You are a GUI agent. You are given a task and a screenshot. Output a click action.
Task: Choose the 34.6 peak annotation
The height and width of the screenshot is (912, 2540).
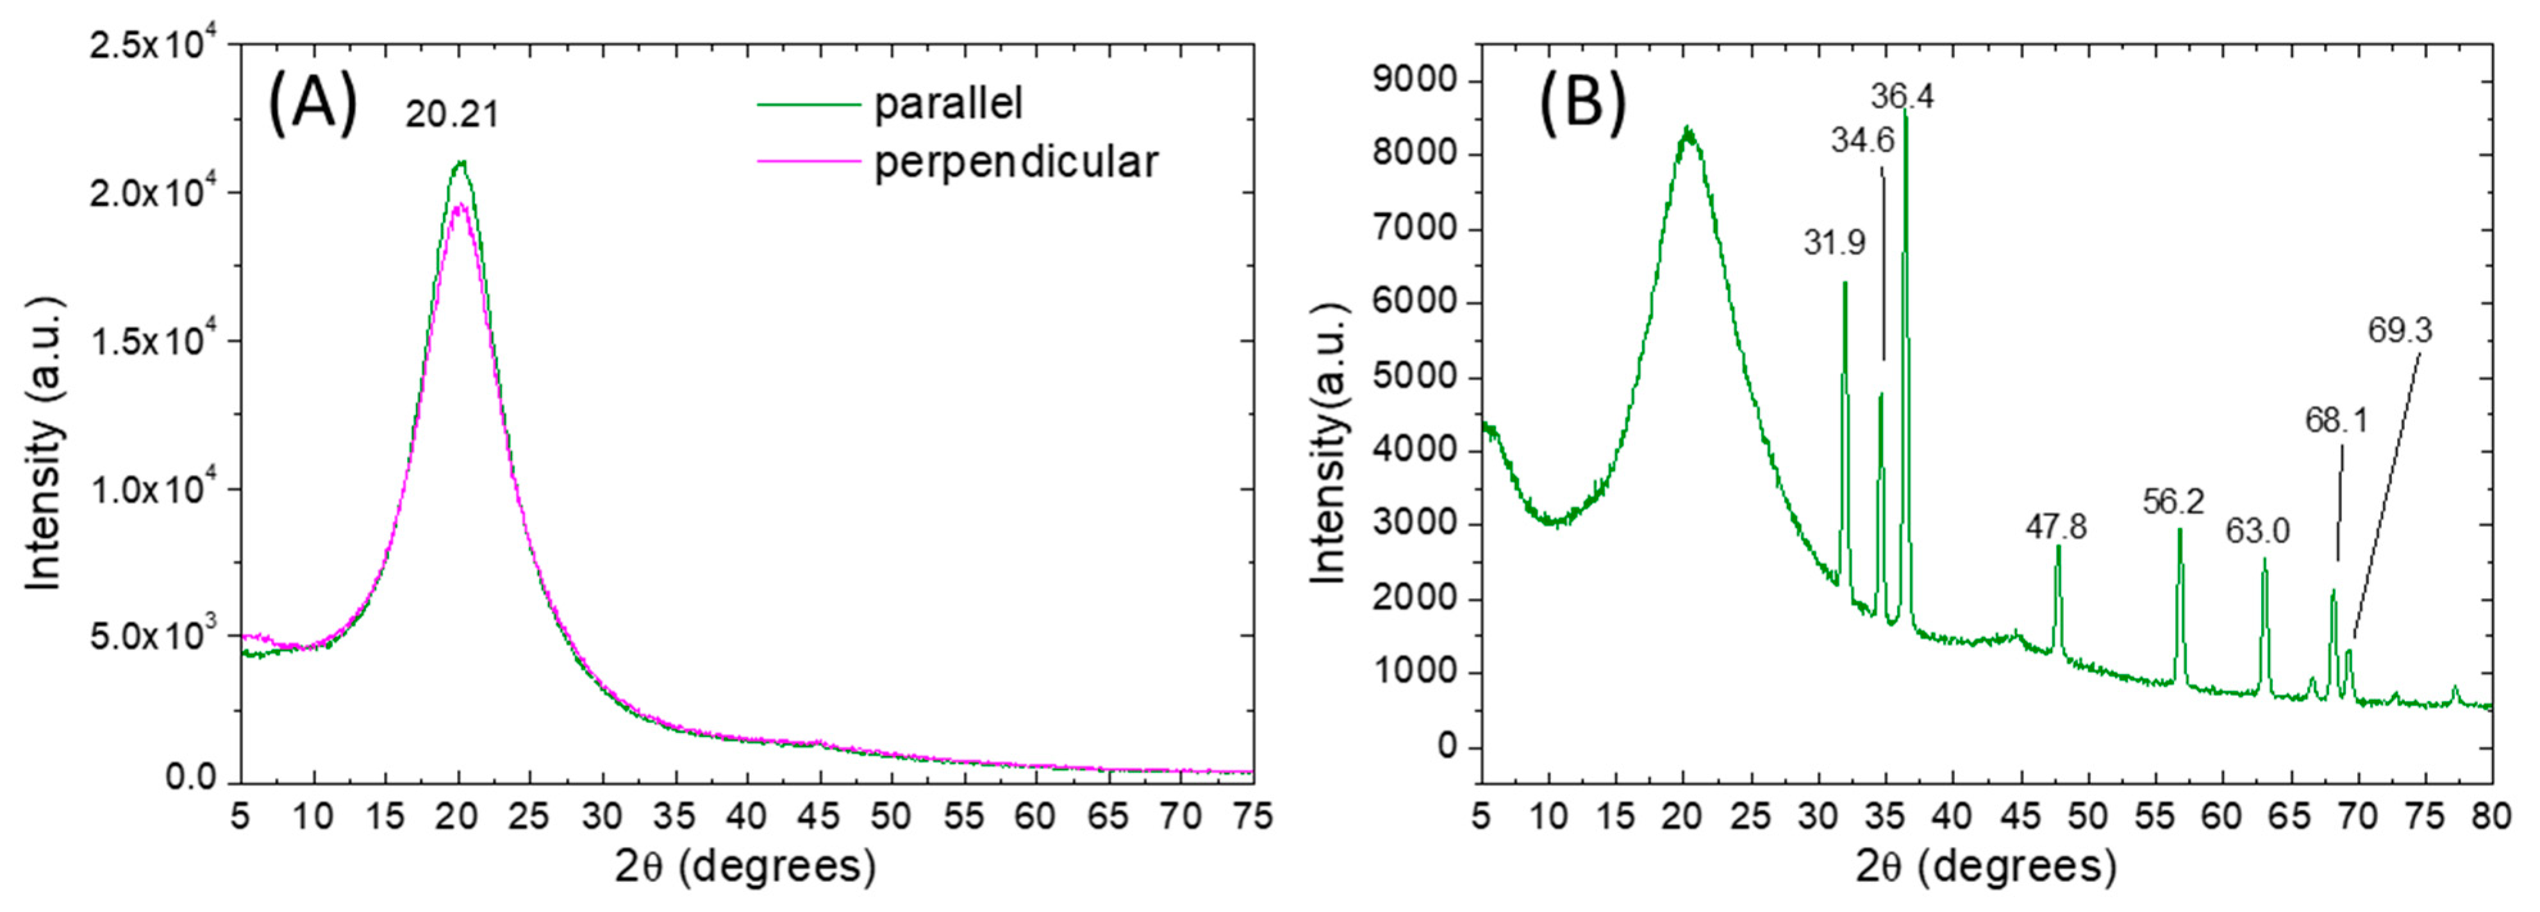pos(1863,141)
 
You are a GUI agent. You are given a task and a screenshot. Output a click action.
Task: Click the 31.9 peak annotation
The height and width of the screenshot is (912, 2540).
pos(1834,242)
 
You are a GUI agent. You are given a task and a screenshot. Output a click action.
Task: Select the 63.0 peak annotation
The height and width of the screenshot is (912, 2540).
pos(2257,531)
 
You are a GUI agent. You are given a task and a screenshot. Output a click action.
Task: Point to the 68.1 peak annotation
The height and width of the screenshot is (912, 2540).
pos(2336,421)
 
